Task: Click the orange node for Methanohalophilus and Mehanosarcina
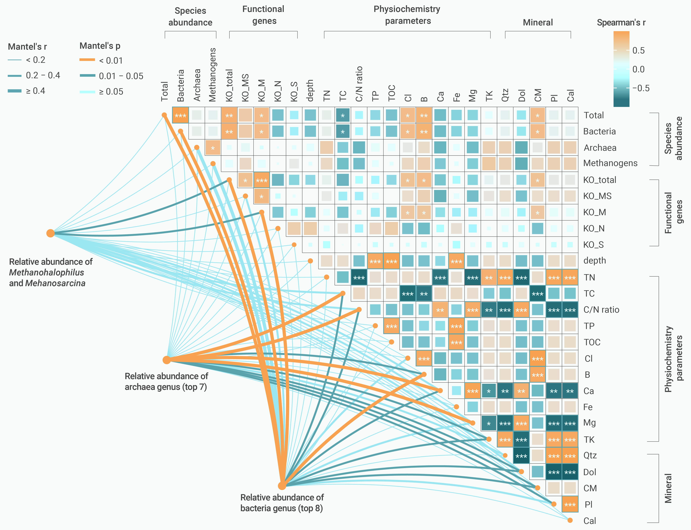pos(50,233)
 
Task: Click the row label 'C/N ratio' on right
pos(601,310)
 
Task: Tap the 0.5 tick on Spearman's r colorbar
pos(638,51)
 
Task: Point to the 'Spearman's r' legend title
pos(621,23)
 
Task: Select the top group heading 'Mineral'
pos(538,22)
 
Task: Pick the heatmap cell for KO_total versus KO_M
pos(262,180)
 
